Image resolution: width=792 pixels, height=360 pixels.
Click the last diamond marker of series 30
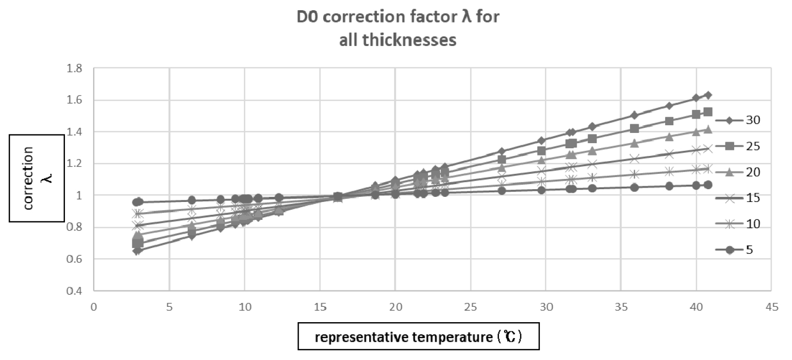click(708, 95)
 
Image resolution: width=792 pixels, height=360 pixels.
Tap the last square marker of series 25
click(708, 112)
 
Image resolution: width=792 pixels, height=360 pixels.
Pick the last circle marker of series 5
click(708, 185)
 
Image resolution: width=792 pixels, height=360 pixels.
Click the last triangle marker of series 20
click(708, 129)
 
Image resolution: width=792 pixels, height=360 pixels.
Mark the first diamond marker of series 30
click(137, 251)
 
